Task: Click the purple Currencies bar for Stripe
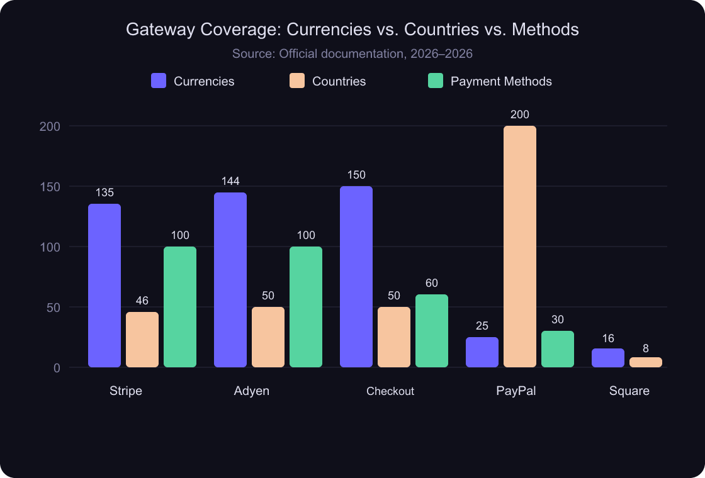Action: (104, 286)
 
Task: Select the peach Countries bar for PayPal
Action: (520, 247)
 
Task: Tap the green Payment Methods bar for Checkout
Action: (432, 331)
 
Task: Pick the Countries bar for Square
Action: (646, 362)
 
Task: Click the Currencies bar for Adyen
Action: (230, 280)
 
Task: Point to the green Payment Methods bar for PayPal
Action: (558, 349)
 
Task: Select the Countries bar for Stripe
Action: (142, 340)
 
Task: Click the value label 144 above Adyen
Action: (230, 181)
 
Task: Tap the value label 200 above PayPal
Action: (520, 114)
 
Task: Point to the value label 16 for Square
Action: (608, 338)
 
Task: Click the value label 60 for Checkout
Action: (432, 283)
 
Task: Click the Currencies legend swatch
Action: (159, 81)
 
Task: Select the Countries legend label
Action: (339, 81)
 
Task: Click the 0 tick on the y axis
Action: (57, 368)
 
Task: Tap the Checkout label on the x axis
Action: (390, 391)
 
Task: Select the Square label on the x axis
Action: (629, 391)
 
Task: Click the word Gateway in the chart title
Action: (154, 30)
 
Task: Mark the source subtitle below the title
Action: (352, 53)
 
